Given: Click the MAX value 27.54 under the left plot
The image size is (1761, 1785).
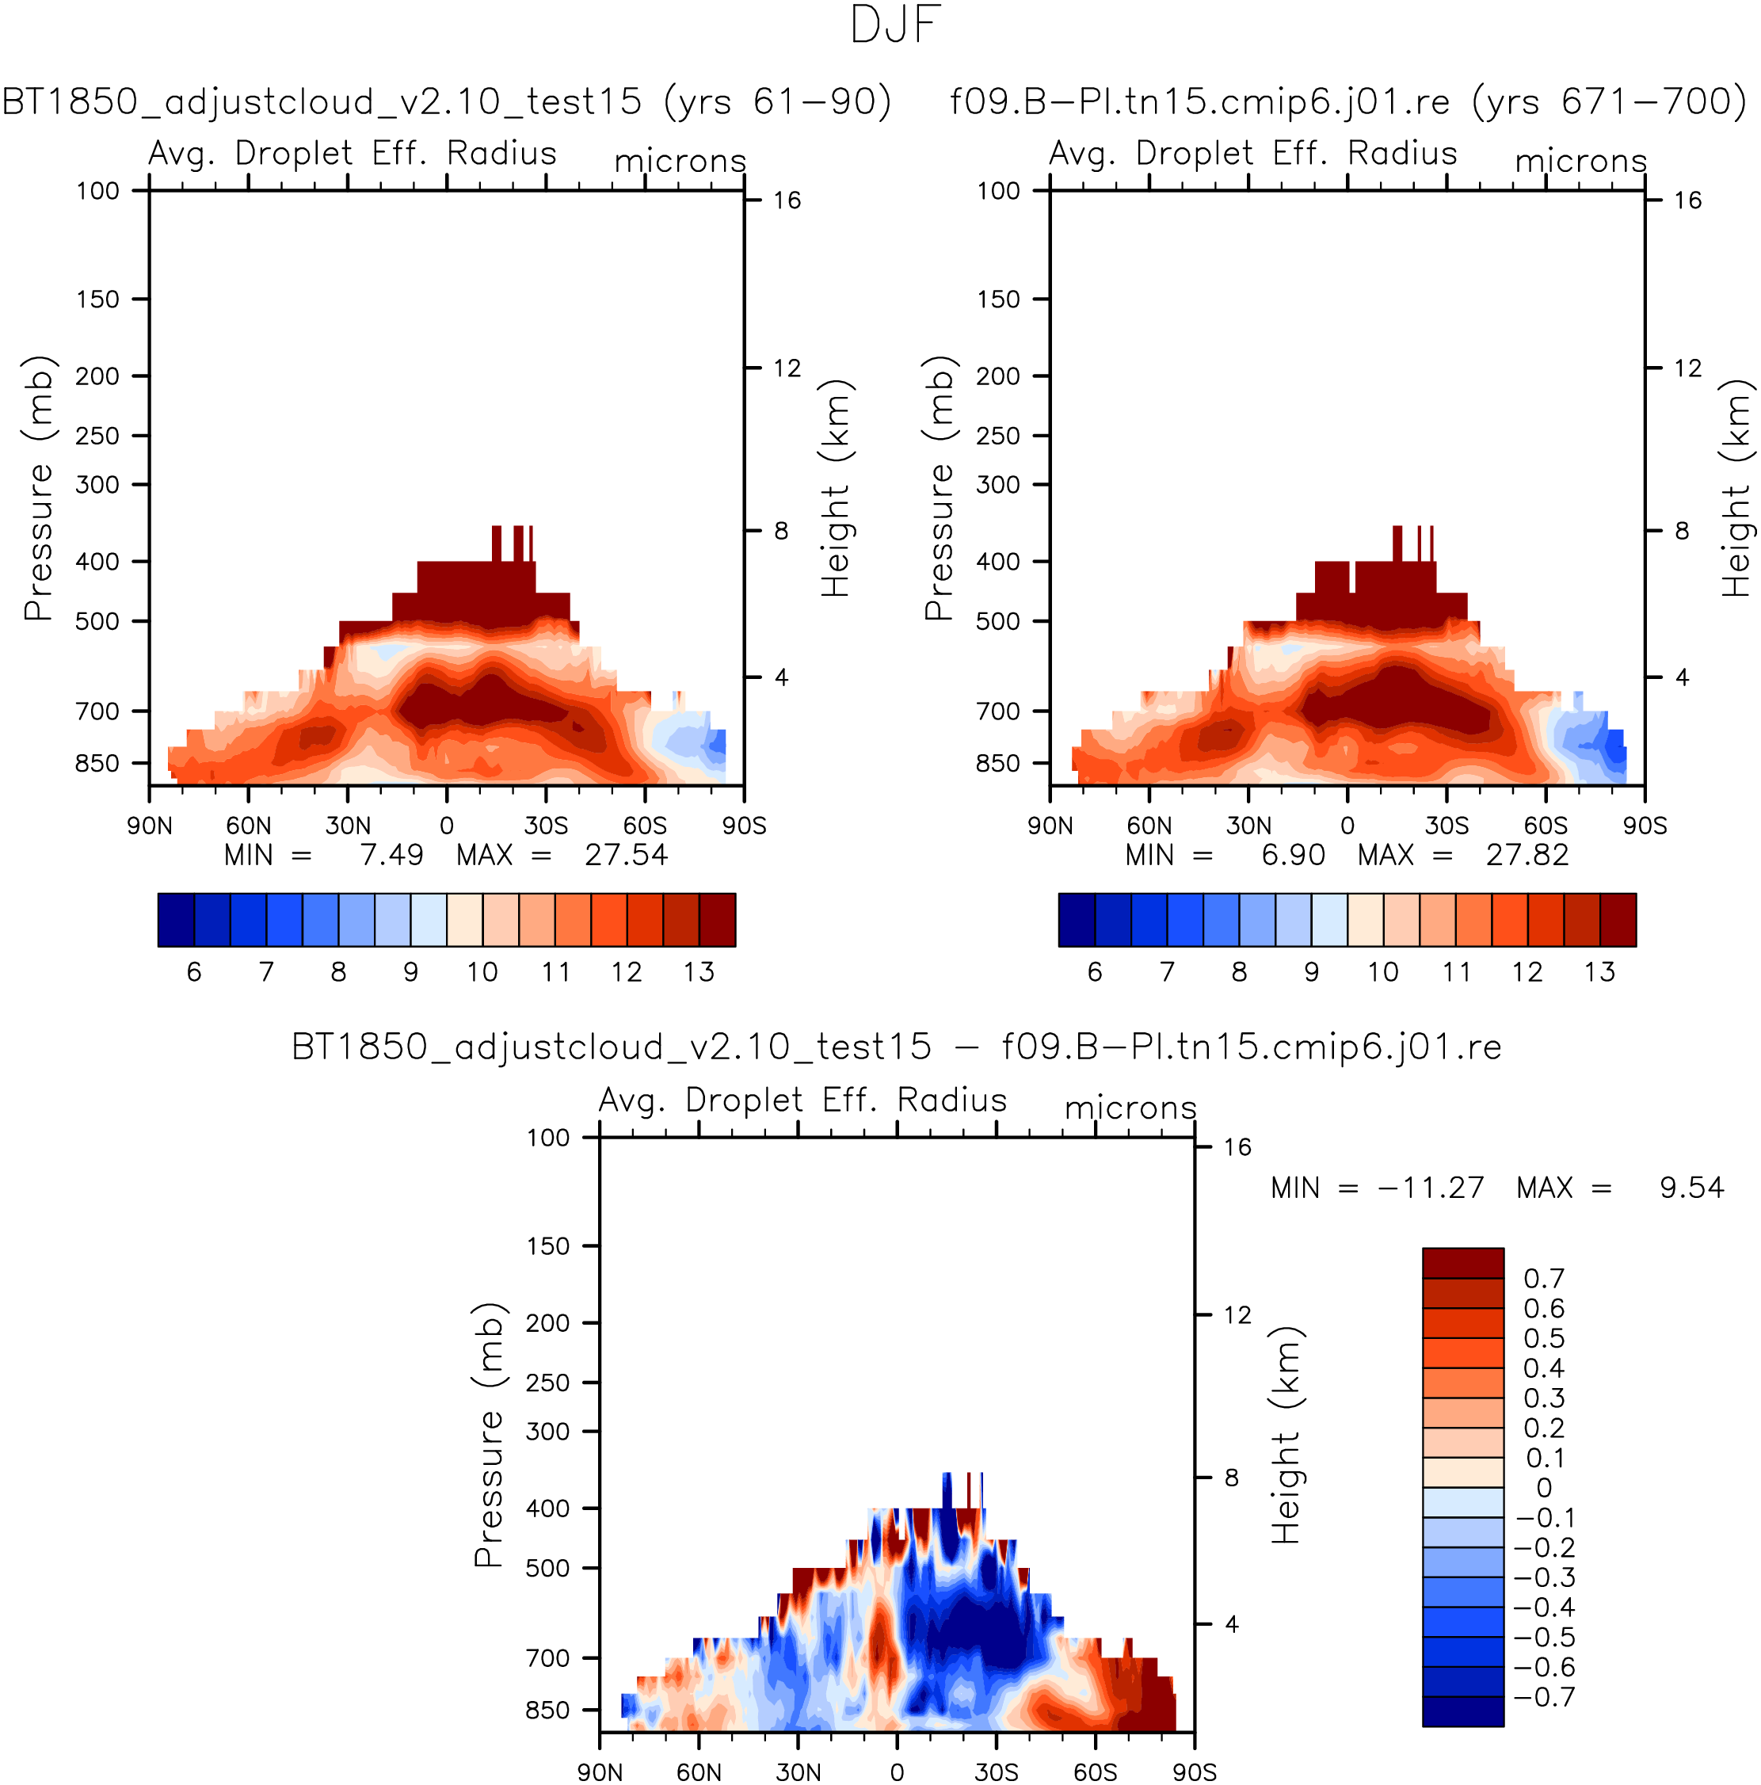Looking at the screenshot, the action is point(626,855).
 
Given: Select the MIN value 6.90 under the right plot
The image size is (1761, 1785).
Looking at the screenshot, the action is point(1293,855).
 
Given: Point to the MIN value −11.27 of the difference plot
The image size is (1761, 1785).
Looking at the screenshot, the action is point(1430,1188).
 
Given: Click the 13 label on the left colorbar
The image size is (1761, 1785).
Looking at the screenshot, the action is point(699,972).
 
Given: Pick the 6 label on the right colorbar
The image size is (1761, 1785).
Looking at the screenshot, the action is point(1095,972).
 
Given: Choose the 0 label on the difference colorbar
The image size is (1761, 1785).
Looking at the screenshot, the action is point(1544,1488).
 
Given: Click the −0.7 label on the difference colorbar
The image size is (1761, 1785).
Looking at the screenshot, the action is point(1544,1697).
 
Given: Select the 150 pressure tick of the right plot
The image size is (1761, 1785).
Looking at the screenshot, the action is point(998,299).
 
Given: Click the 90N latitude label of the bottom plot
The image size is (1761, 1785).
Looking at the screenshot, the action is point(600,1772).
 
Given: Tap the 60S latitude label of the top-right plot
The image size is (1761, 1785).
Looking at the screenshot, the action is point(1546,825).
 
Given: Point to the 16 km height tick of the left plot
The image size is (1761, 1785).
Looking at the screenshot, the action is point(787,200).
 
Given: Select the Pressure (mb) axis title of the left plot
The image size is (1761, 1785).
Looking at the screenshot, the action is point(38,488).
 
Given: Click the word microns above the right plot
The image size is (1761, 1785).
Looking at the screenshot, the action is point(1581,161).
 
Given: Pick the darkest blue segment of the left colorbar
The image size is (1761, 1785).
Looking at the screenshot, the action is point(176,919).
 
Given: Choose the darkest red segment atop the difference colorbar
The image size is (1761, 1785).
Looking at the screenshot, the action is point(1462,1263).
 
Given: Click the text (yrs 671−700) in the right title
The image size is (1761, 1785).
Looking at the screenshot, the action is point(1610,101).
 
